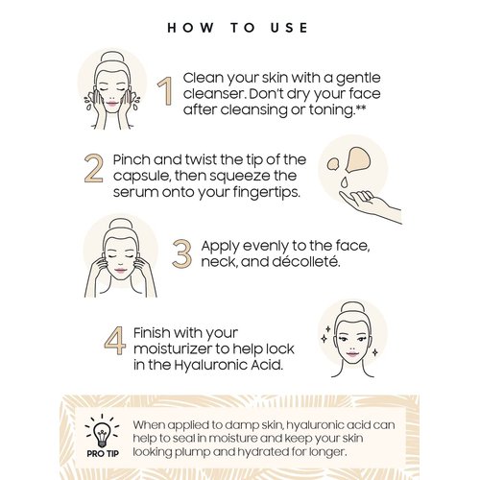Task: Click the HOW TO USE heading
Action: [239, 28]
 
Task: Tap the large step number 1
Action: [164, 92]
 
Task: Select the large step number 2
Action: [93, 168]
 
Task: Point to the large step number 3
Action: [182, 252]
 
